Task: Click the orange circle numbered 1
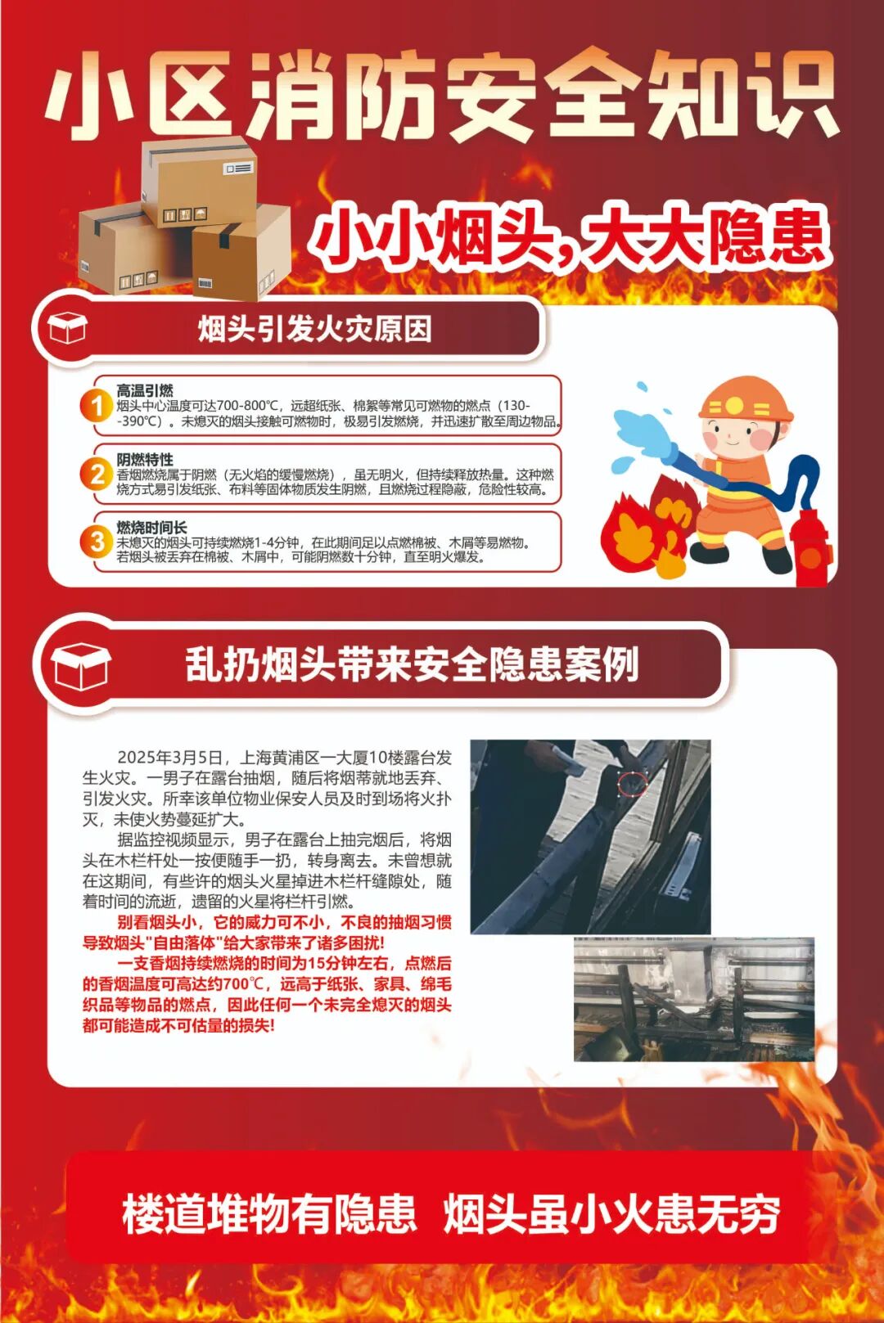97,405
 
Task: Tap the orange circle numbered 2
97,474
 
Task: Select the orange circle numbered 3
97,542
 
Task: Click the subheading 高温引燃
144,390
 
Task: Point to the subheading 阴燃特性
144,459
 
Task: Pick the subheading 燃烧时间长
151,527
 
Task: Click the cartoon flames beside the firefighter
647,528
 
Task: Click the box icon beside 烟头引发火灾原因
67,329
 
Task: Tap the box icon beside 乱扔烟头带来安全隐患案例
80,664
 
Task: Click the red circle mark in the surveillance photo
631,782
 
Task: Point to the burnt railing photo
693,1000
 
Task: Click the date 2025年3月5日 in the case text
170,757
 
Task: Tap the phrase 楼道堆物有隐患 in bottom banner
269,1213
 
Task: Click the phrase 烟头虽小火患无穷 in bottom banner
611,1213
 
